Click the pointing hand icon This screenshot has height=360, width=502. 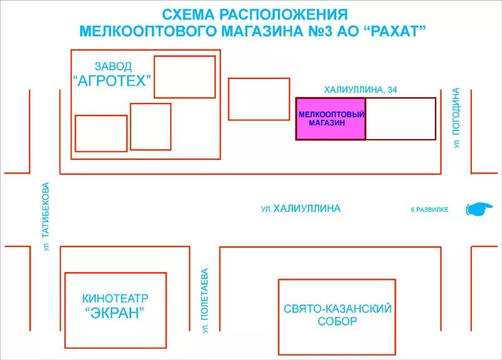pos(479,209)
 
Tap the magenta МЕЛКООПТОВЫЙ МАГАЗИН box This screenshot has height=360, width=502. pos(331,119)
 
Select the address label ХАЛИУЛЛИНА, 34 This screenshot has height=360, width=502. pos(360,90)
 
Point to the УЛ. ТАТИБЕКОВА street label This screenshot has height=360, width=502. pos(45,217)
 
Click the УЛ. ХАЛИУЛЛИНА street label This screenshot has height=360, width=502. pos(301,209)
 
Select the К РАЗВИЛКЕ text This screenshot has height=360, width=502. pos(429,209)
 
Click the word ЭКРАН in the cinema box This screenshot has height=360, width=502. pos(115,313)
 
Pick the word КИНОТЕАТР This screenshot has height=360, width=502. pos(115,299)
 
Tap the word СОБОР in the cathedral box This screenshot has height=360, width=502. pos(337,322)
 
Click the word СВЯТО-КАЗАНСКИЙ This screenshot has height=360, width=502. pos(338,309)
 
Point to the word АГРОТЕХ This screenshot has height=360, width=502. pos(113,80)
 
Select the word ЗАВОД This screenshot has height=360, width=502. pos(113,66)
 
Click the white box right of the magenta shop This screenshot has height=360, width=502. pos(400,119)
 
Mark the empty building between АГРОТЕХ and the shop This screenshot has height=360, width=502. pos(259,98)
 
